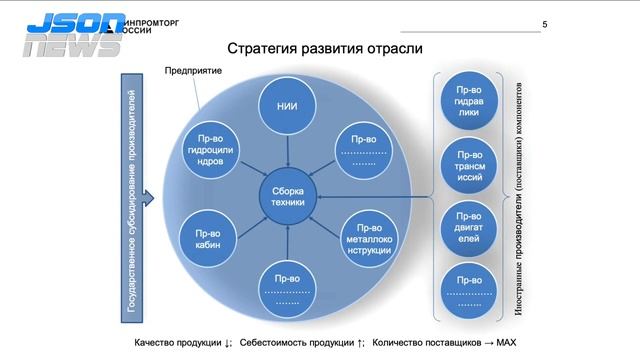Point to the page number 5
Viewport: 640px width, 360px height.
[x=544, y=25]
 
